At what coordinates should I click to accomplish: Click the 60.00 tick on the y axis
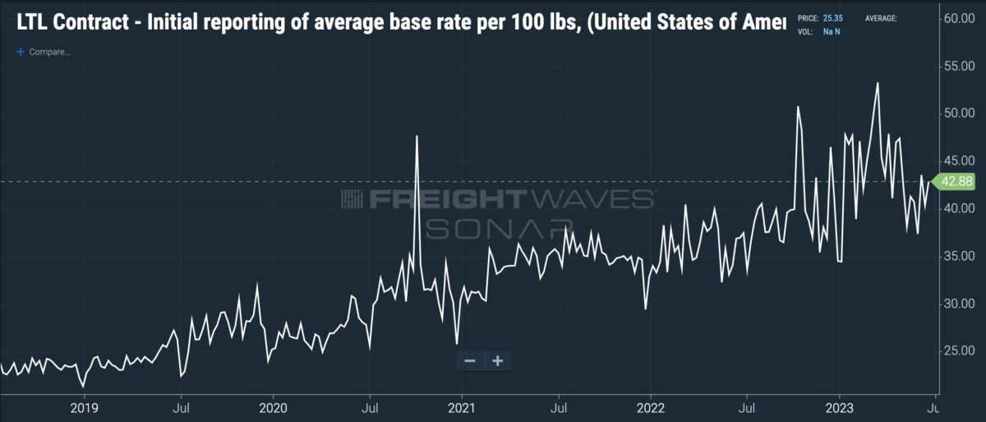pos(959,18)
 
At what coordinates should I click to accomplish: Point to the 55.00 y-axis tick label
pos(959,66)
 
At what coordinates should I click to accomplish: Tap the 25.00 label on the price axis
pos(959,350)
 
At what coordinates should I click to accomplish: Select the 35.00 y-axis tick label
pos(959,256)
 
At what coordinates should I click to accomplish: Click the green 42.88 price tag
pos(953,181)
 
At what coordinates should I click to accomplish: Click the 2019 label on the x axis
pos(84,408)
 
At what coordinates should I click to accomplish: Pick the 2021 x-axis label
pos(462,408)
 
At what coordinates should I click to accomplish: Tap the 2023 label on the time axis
pos(840,408)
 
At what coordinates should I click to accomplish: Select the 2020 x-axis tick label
pos(273,408)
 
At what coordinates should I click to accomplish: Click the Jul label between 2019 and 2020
pos(181,408)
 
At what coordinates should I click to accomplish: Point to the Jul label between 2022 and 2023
pos(747,408)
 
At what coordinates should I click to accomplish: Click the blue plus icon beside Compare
pos(21,52)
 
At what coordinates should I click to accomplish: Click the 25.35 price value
pos(833,18)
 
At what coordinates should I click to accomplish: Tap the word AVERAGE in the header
pos(881,18)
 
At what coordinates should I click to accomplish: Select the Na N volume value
pos(832,32)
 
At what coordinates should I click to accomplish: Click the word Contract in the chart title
pos(90,22)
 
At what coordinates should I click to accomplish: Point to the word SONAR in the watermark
pos(499,229)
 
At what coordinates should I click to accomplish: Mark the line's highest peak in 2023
pos(878,83)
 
